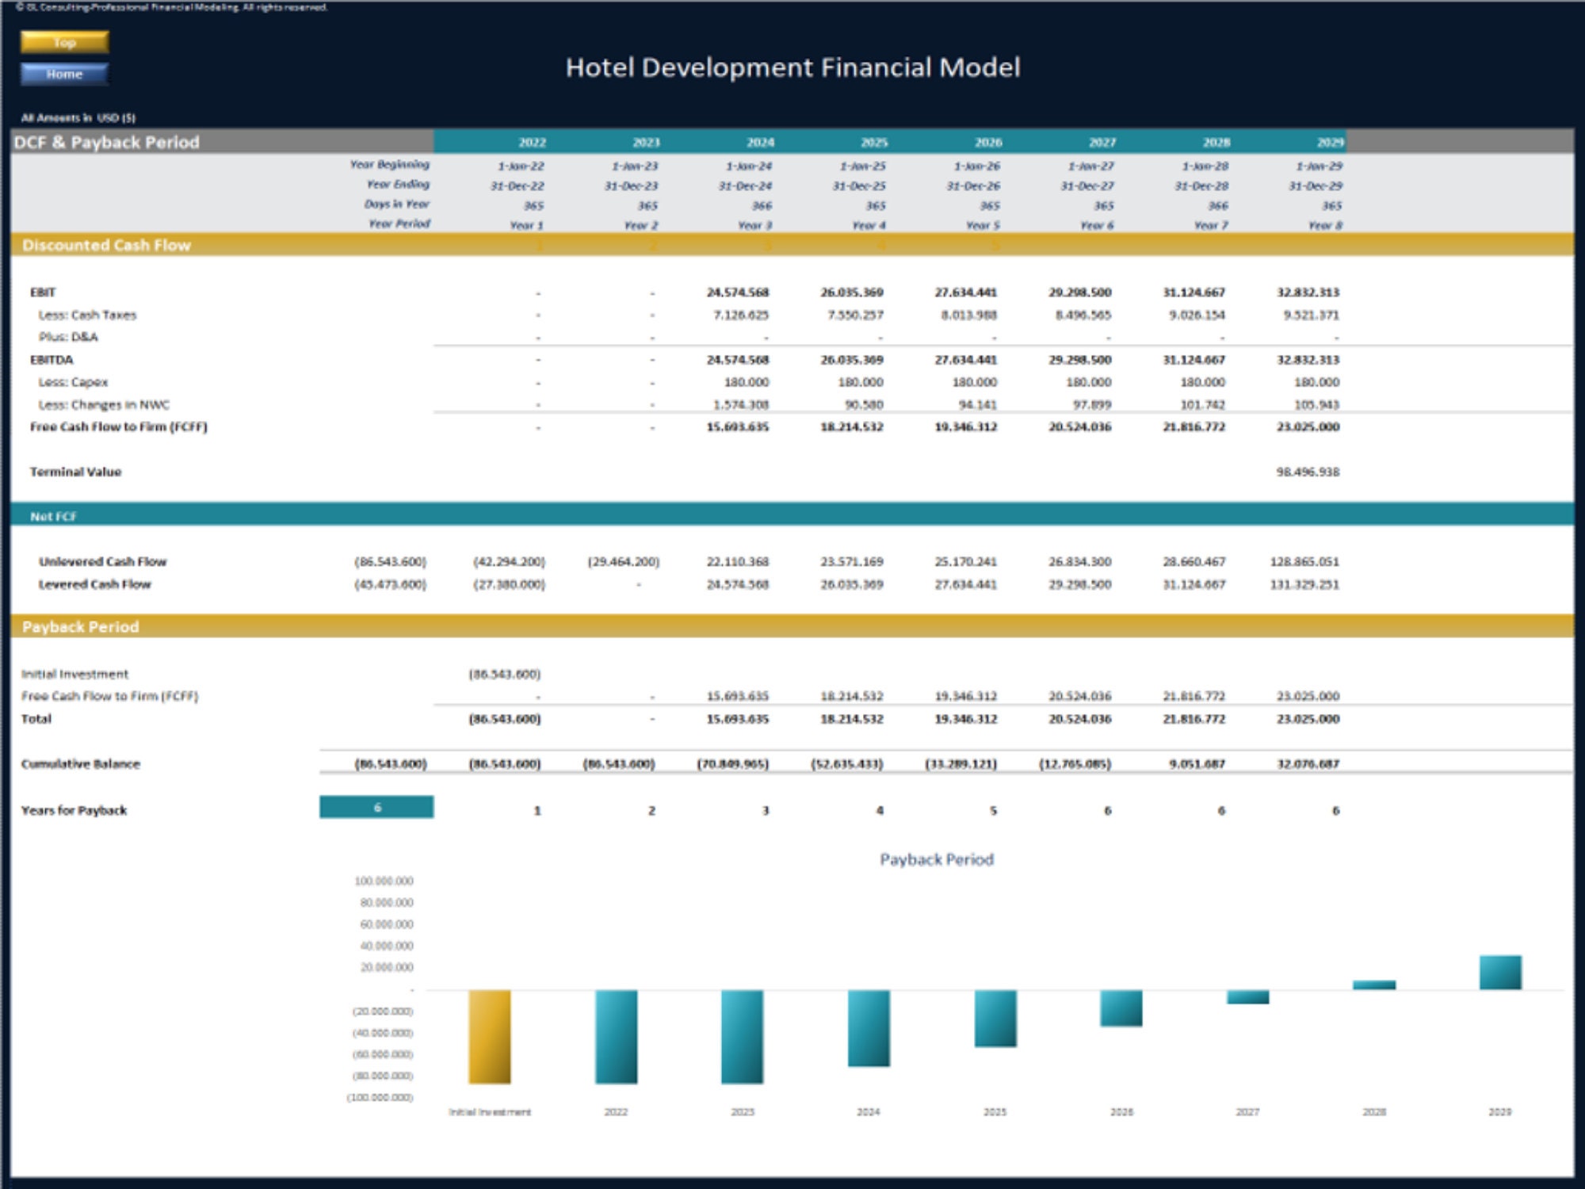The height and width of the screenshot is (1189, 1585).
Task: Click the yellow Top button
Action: pyautogui.click(x=64, y=42)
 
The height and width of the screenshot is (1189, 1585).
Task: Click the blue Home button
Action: pyautogui.click(x=64, y=74)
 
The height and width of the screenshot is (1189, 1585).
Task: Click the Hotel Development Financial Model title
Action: pyautogui.click(x=792, y=67)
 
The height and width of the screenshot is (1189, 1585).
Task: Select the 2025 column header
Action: pyautogui.click(x=873, y=143)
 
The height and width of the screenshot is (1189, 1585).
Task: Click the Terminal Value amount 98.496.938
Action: pyautogui.click(x=1307, y=472)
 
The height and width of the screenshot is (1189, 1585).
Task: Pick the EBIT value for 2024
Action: pyautogui.click(x=737, y=292)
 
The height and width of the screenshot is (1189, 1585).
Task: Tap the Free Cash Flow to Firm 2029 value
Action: pyautogui.click(x=1307, y=426)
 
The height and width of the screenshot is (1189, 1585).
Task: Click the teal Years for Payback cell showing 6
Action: pyautogui.click(x=376, y=807)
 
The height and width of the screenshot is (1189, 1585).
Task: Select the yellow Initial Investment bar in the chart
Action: pyautogui.click(x=489, y=1036)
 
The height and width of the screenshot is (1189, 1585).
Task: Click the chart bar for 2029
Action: pyautogui.click(x=1499, y=973)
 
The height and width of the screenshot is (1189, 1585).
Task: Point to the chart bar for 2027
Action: pyautogui.click(x=1247, y=997)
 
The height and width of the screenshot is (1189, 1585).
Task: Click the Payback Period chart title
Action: pyautogui.click(x=936, y=859)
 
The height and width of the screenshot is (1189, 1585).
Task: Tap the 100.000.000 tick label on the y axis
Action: pyautogui.click(x=384, y=881)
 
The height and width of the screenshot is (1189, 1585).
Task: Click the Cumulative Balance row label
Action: pyautogui.click(x=80, y=764)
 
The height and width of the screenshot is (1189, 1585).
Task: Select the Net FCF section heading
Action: pyautogui.click(x=53, y=516)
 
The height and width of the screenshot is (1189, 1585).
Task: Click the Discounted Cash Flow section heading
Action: pyautogui.click(x=106, y=245)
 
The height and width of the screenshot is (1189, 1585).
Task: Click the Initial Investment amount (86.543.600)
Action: pyautogui.click(x=504, y=674)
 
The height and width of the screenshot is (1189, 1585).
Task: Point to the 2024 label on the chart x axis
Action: pyautogui.click(x=868, y=1112)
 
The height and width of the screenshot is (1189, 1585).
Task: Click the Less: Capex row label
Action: pyautogui.click(x=73, y=382)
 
